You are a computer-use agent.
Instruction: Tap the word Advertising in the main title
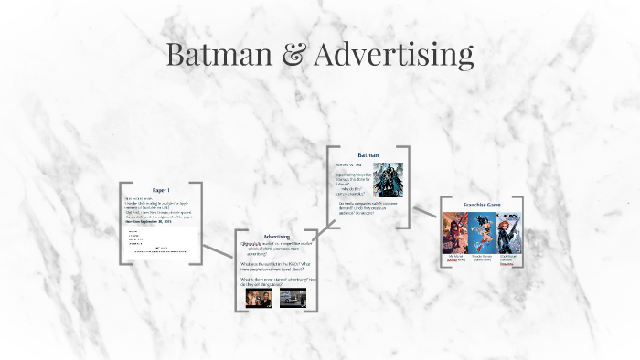394,55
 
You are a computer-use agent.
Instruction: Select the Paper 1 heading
161,190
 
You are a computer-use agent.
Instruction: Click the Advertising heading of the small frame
277,237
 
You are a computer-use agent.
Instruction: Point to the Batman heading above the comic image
368,154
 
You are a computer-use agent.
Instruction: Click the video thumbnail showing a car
293,298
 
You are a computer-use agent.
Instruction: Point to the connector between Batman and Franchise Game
425,209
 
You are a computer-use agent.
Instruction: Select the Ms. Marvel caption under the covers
454,259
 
